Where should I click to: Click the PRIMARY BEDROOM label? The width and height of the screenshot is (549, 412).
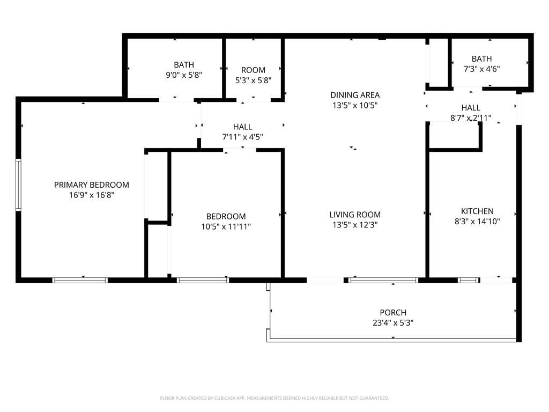click(x=91, y=185)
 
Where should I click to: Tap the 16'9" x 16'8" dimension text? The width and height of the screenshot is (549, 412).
click(x=91, y=195)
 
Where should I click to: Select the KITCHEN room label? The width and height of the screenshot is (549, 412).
click(x=477, y=211)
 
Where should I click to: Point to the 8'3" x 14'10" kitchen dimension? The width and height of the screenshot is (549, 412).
click(x=477, y=222)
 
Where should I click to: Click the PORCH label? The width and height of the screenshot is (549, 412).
click(x=393, y=312)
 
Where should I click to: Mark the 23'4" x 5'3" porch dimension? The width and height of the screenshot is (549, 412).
click(x=393, y=322)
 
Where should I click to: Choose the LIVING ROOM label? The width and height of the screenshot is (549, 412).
click(x=355, y=215)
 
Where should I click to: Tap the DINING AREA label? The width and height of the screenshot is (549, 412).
click(x=355, y=95)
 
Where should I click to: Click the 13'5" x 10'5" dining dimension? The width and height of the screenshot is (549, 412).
click(x=355, y=105)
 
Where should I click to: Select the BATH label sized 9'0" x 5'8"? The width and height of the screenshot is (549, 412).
click(x=184, y=65)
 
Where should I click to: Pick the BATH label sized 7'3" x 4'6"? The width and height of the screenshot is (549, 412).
click(x=482, y=58)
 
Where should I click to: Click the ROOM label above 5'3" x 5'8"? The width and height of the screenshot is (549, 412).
click(x=253, y=70)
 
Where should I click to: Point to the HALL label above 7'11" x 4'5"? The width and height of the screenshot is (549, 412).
click(x=243, y=127)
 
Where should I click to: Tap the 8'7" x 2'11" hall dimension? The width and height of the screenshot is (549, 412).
click(x=471, y=118)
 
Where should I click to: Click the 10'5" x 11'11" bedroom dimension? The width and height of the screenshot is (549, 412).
click(x=226, y=227)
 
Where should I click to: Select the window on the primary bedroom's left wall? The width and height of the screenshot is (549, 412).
click(x=19, y=185)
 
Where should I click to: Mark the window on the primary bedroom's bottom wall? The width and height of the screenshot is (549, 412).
click(x=80, y=280)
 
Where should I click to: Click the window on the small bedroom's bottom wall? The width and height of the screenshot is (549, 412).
click(x=203, y=280)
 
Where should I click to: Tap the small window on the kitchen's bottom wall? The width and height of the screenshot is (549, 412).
click(x=469, y=280)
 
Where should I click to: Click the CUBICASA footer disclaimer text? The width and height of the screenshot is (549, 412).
click(x=274, y=399)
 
